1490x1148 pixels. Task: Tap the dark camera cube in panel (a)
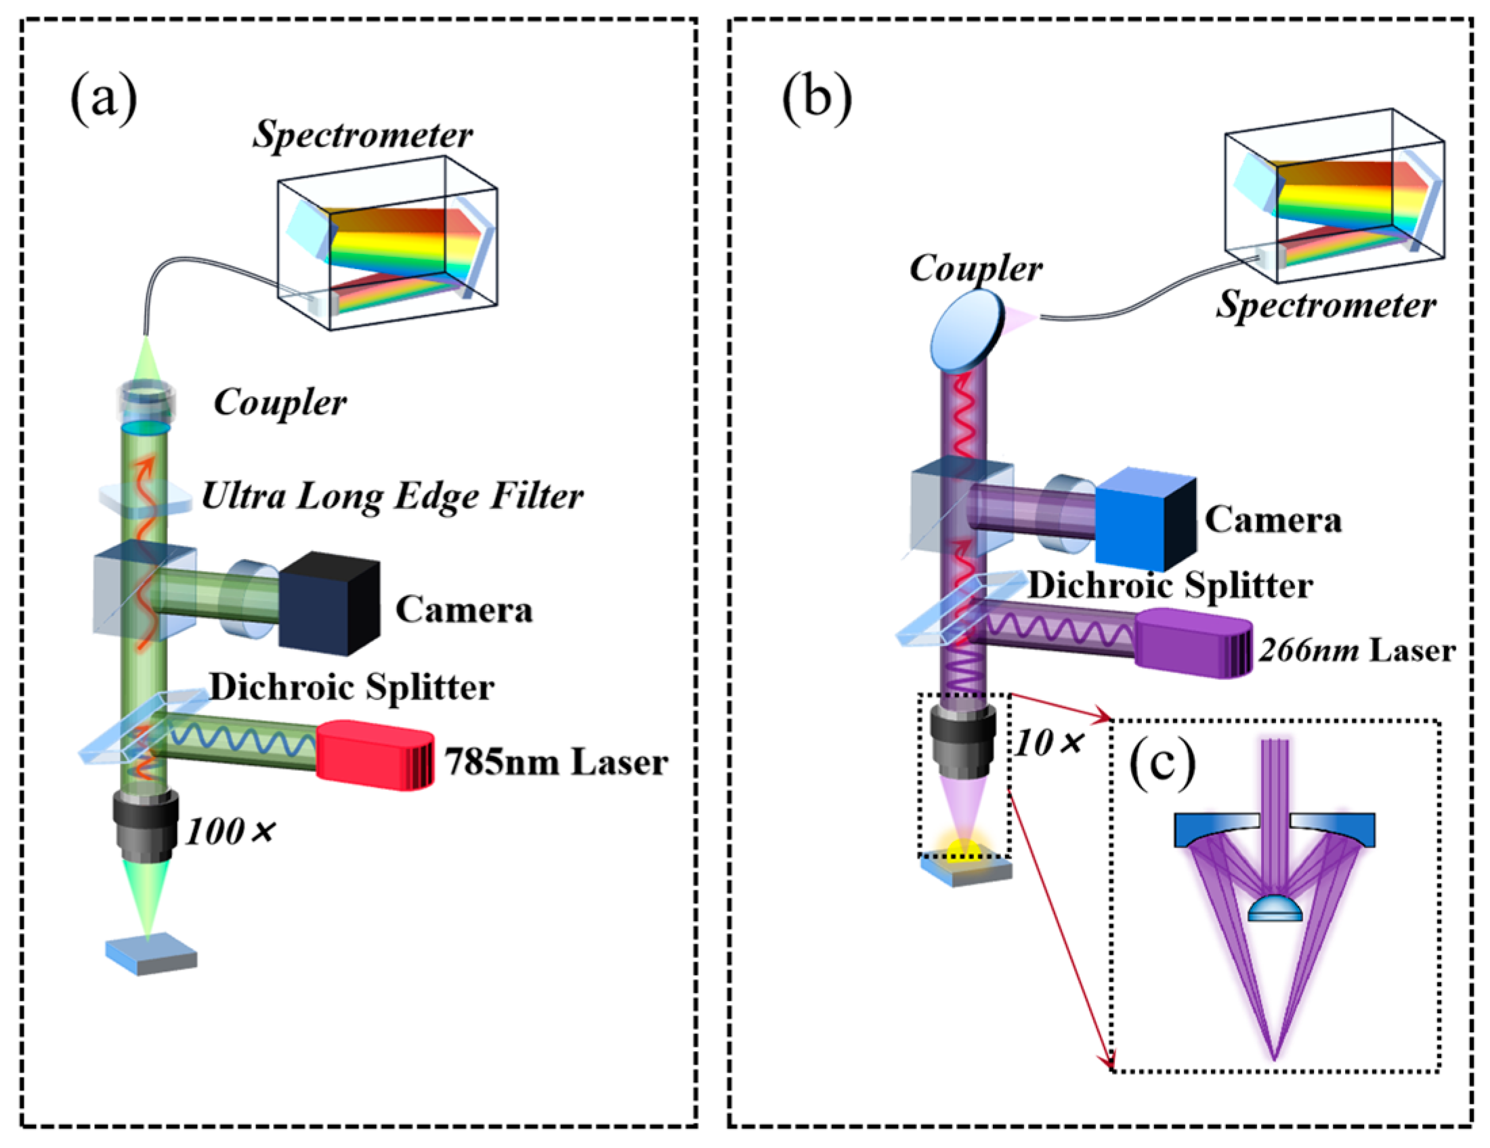click(x=329, y=604)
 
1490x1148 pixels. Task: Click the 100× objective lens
click(x=146, y=827)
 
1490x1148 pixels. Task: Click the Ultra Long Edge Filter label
click(x=392, y=497)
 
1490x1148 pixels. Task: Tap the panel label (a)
click(x=104, y=100)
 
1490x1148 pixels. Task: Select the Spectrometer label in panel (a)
click(x=362, y=135)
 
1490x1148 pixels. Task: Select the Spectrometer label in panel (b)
click(x=1325, y=305)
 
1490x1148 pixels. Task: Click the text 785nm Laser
click(x=556, y=762)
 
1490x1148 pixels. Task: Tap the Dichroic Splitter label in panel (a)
click(x=352, y=687)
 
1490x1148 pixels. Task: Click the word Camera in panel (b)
click(x=1273, y=520)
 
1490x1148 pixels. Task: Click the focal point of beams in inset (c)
click(x=1274, y=1059)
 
